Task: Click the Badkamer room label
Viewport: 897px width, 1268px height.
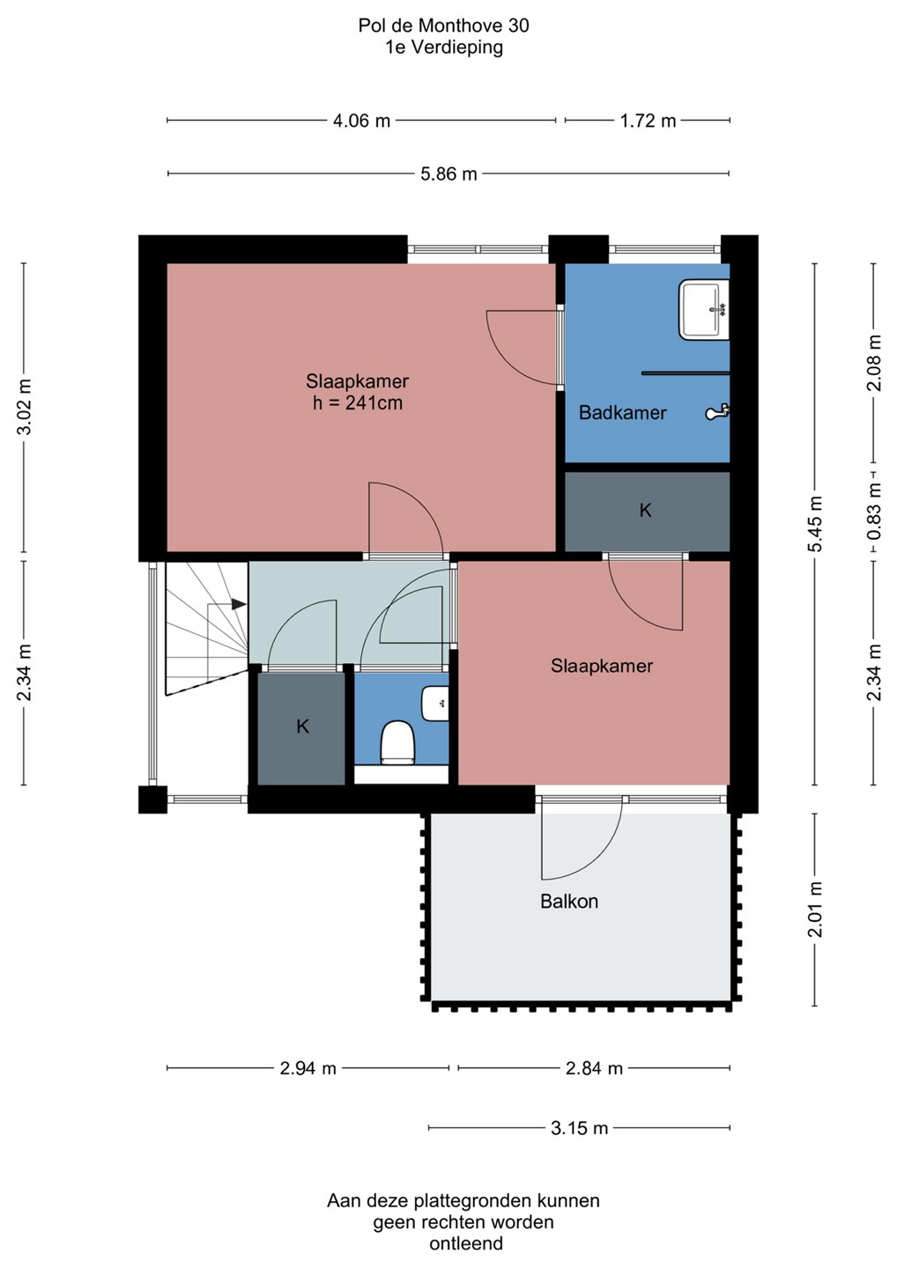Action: [x=622, y=413]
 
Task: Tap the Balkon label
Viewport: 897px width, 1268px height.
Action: [x=569, y=901]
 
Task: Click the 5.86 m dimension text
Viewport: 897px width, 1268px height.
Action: [x=448, y=173]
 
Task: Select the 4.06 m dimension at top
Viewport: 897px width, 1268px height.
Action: [x=362, y=121]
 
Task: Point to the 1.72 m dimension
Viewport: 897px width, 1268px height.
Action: [x=648, y=121]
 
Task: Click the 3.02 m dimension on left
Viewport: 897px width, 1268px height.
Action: [x=25, y=406]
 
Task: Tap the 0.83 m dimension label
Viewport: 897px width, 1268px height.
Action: [x=875, y=511]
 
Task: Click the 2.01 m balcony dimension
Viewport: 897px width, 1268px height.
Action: [x=815, y=910]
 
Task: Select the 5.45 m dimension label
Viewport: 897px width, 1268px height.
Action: [x=815, y=524]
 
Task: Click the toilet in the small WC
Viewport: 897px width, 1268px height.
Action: [x=398, y=742]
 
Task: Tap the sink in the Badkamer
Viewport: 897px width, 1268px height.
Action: [x=704, y=310]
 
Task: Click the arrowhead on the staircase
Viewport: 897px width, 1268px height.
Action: [x=239, y=605]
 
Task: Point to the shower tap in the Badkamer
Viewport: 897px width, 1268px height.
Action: [x=717, y=412]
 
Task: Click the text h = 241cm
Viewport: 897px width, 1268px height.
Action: [x=358, y=403]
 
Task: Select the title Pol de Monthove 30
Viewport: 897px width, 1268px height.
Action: [x=444, y=26]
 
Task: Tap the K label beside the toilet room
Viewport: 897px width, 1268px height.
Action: [x=302, y=726]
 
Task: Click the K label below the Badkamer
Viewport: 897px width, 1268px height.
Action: [x=645, y=511]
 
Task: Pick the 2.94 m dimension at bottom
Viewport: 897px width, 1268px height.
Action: [x=308, y=1068]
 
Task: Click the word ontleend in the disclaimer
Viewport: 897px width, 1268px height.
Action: [x=466, y=1243]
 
